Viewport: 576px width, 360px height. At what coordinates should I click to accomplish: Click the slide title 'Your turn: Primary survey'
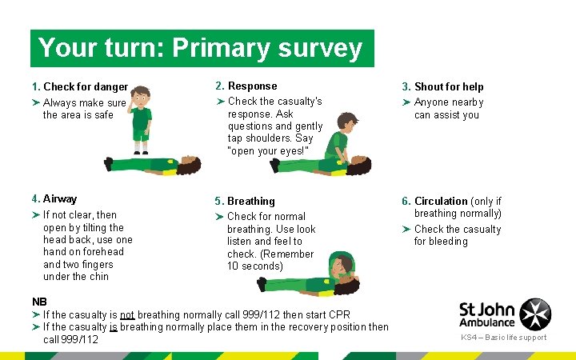(200, 49)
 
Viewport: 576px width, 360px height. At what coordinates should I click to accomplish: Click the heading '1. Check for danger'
(80, 87)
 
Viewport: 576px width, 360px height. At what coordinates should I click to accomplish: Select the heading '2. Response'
(246, 86)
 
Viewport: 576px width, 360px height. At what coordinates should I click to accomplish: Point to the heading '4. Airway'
(54, 199)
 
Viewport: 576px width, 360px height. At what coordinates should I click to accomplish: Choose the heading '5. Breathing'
(244, 202)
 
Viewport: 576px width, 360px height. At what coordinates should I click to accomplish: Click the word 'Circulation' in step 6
(441, 202)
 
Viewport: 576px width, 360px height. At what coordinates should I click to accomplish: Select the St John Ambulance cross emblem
(535, 313)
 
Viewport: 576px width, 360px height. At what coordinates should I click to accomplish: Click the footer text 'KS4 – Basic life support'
(503, 338)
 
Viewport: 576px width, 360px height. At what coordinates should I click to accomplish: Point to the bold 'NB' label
(39, 302)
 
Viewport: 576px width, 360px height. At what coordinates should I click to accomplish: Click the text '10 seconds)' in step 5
(254, 266)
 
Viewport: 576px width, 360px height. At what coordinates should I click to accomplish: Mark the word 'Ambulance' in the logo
(486, 322)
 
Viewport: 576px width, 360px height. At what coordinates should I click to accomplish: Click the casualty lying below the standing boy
(152, 164)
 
